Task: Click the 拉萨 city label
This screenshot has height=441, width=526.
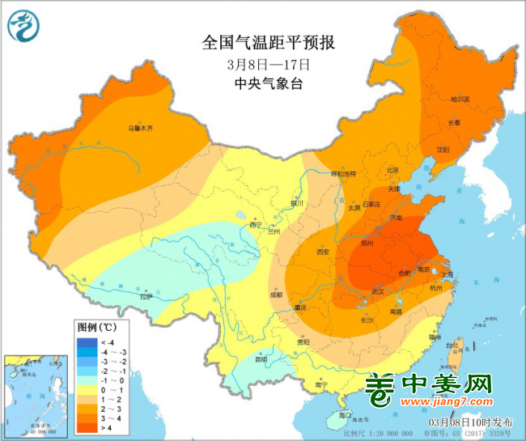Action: pos(146,297)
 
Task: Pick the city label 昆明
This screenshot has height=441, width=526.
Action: pos(260,358)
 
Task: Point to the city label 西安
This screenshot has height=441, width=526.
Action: pos(324,252)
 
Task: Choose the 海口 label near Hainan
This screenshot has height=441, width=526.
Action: pos(346,414)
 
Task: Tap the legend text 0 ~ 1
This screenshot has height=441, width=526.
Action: pos(108,388)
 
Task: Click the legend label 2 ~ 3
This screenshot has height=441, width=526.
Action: pos(108,410)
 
